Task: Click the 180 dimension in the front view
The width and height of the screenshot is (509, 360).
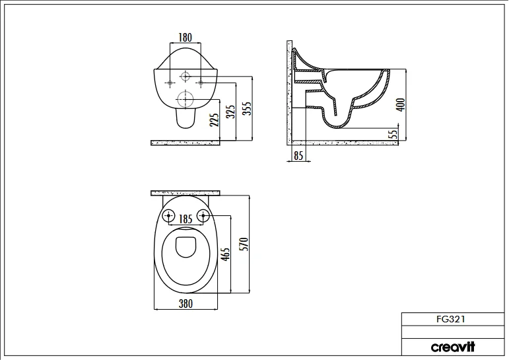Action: tap(186, 38)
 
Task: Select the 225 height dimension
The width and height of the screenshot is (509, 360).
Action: tap(214, 120)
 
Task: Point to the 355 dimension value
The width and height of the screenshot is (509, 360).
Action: tap(246, 108)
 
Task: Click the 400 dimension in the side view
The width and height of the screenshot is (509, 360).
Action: tap(400, 104)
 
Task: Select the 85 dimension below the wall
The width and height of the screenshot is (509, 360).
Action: tap(298, 157)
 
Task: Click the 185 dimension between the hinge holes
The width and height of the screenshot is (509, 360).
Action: tap(186, 218)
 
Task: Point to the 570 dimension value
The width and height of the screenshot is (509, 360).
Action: tap(243, 244)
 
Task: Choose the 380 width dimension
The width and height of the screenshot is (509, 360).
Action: tap(186, 305)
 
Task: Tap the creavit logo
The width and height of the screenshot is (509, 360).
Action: tap(453, 347)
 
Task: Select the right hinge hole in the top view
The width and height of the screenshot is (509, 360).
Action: tap(203, 215)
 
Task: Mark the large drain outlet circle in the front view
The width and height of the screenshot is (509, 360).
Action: tap(185, 100)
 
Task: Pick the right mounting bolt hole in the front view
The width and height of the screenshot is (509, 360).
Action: tap(200, 83)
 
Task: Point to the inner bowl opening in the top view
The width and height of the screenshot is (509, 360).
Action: tap(186, 247)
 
